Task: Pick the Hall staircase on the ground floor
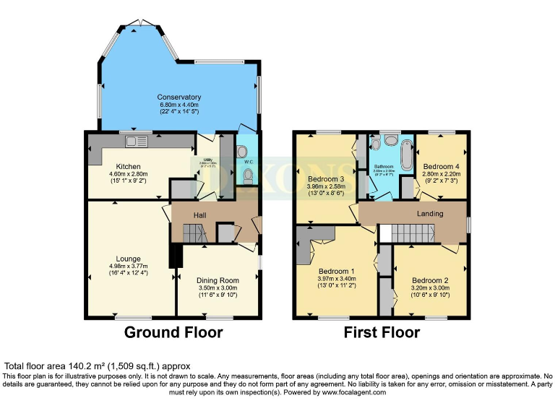(x=193, y=233)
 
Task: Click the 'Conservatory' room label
(x=180, y=97)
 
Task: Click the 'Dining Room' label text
(x=218, y=280)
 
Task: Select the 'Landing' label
(x=430, y=214)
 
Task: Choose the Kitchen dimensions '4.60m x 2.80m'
(x=128, y=174)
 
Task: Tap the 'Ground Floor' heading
(x=173, y=332)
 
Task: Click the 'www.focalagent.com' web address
(x=352, y=392)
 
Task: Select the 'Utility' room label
(x=207, y=160)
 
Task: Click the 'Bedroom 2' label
(x=430, y=280)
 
